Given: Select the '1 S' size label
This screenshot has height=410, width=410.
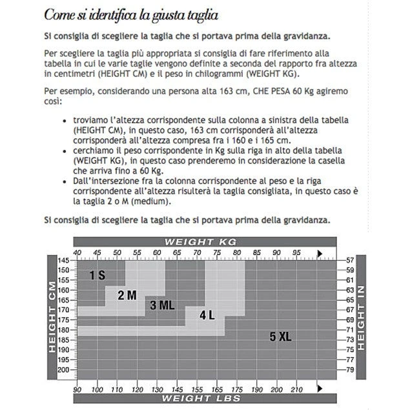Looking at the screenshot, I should click(97, 275).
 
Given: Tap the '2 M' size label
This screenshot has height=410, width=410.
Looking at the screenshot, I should click(127, 295).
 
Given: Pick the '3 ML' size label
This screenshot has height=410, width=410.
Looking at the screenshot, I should click(161, 305).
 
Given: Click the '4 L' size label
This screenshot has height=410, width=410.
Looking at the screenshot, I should click(207, 315).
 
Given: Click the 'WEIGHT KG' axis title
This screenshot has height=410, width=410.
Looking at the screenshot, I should click(201, 241).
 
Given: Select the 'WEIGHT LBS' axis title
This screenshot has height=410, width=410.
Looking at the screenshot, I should click(201, 399).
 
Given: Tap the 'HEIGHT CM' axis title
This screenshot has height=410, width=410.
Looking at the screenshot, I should click(53, 320).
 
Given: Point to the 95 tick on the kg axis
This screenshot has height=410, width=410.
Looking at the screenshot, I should click(296, 252).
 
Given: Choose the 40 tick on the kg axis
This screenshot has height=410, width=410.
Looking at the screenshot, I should click(77, 252).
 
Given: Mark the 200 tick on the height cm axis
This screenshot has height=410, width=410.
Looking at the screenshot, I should click(63, 370).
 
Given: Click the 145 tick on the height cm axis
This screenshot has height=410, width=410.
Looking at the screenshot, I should click(63, 260).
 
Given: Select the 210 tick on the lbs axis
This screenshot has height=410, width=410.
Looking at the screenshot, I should click(296, 389).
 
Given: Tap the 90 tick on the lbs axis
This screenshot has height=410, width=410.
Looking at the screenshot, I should click(77, 389).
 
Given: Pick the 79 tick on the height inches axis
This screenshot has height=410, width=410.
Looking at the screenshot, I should click(349, 370).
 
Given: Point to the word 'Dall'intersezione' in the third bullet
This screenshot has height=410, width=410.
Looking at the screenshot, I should click(95, 183).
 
